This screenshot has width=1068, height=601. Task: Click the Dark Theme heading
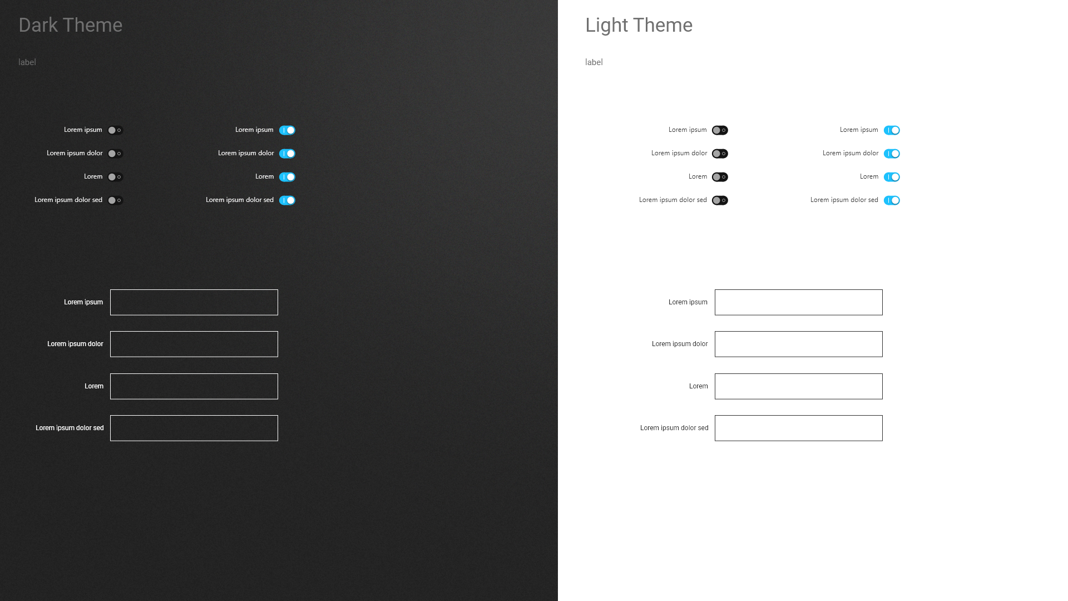click(71, 25)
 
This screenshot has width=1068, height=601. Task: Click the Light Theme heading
click(639, 25)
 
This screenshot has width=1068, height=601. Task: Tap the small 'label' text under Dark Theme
click(27, 62)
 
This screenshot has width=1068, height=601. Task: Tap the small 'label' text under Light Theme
click(594, 62)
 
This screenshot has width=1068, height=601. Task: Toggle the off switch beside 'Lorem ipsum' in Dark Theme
click(115, 130)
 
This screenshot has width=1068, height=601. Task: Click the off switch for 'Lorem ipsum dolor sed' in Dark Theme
click(115, 200)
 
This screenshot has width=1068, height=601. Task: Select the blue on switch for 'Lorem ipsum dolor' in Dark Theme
click(287, 154)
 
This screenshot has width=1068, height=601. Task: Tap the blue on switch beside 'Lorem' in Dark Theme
click(287, 177)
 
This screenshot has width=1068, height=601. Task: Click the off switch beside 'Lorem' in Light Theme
click(720, 177)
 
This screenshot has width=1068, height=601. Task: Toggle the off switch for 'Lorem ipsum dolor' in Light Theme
click(720, 154)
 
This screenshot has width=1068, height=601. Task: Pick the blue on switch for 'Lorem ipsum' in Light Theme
click(892, 130)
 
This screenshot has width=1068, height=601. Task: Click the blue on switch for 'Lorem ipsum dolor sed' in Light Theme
click(892, 200)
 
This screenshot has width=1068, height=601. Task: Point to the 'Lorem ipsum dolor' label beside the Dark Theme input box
click(75, 344)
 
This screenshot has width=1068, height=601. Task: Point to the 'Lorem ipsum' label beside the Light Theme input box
click(688, 302)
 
